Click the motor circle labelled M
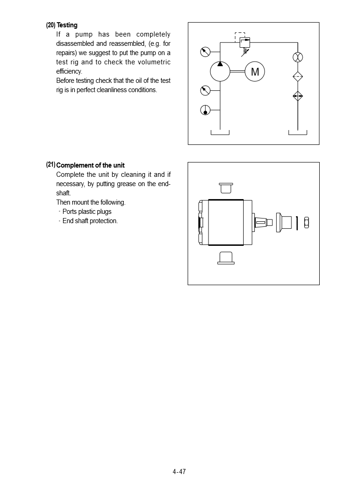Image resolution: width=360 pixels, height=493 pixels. tap(254, 71)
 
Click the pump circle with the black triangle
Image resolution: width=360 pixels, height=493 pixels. tap(220, 71)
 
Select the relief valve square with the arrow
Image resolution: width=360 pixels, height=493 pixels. tap(245, 43)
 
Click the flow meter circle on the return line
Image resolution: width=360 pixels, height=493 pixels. tap(298, 57)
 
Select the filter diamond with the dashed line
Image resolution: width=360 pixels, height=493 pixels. tap(298, 77)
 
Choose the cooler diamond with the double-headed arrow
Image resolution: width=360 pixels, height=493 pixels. tap(298, 96)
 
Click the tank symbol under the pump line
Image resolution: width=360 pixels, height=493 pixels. tap(220, 133)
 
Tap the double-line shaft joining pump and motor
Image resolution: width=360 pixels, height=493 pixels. tap(238, 71)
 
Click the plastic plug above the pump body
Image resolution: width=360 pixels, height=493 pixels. tap(226, 187)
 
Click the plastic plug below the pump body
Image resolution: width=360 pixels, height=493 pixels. tap(226, 258)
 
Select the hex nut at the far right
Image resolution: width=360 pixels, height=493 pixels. tap(306, 223)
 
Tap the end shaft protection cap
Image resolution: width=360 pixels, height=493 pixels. tap(284, 223)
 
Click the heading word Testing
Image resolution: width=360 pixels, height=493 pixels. tap(67, 25)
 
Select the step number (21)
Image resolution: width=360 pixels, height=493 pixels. tap(51, 165)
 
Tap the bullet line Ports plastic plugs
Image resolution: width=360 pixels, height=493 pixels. tap(87, 212)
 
